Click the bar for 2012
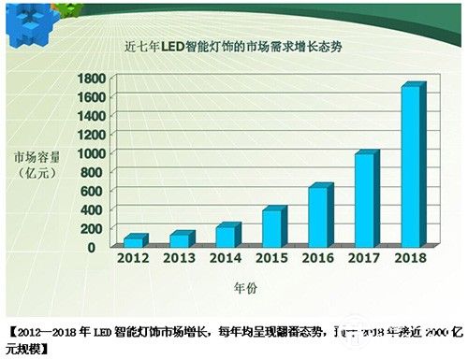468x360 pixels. [x=135, y=240]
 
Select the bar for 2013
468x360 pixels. [x=180, y=238]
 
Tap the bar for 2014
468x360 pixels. [x=226, y=235]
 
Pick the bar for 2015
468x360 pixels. [x=271, y=227]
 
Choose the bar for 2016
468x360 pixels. [x=318, y=215]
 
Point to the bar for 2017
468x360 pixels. [x=364, y=198]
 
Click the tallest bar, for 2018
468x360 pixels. [x=411, y=166]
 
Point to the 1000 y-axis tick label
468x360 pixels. [x=90, y=153]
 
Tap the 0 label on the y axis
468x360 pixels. [x=102, y=247]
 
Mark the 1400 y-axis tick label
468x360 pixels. [x=90, y=116]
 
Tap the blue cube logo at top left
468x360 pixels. [x=25, y=21]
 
